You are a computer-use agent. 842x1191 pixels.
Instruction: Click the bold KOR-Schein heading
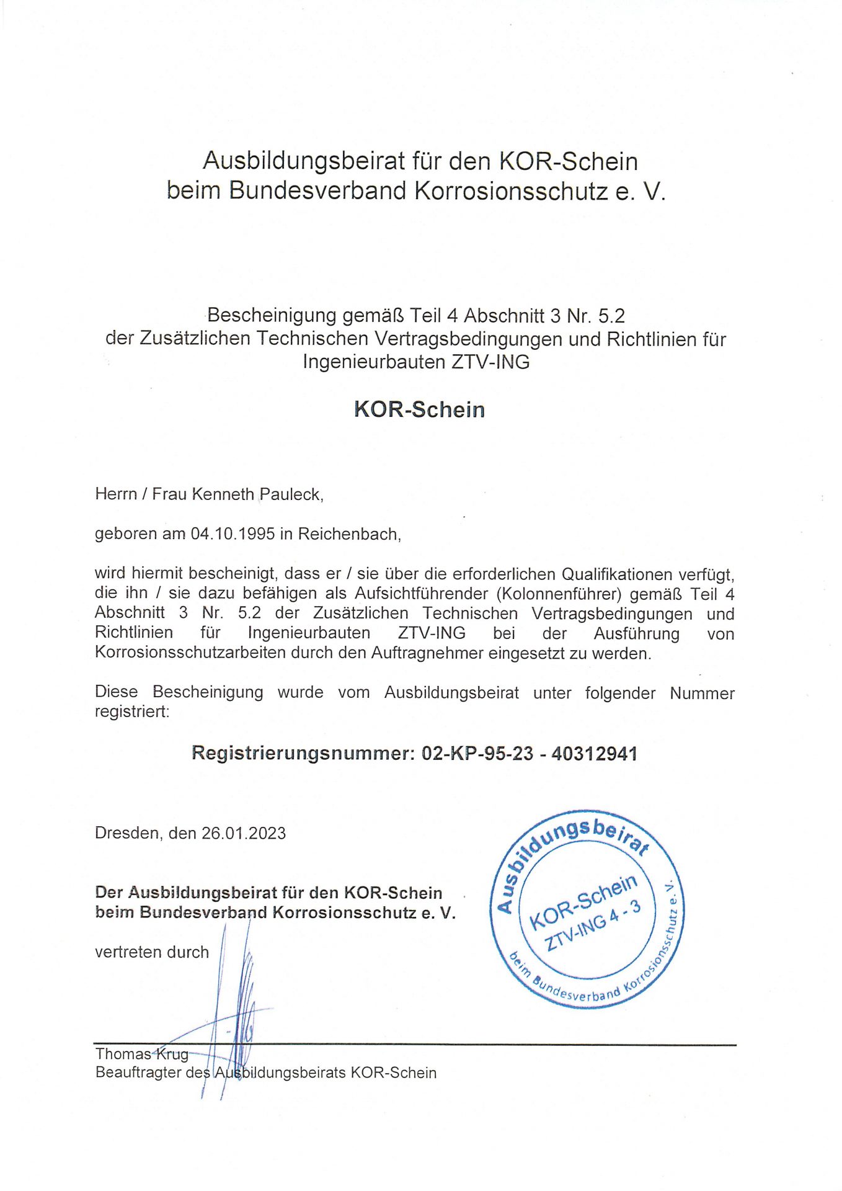tap(419, 409)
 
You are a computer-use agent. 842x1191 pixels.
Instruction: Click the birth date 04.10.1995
tap(233, 534)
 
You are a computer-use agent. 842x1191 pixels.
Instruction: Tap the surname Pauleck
tap(290, 494)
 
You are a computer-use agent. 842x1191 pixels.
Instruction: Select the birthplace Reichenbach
tap(348, 534)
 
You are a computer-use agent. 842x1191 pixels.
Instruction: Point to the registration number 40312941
tap(594, 754)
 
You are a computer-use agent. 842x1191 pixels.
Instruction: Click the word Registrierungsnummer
tap(302, 754)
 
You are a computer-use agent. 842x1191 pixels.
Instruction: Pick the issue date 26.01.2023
tap(244, 833)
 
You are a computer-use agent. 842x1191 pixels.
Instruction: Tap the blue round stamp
tap(587, 908)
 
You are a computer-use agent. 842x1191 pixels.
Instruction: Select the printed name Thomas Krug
tap(141, 1054)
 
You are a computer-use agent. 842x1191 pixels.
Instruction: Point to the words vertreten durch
tap(152, 952)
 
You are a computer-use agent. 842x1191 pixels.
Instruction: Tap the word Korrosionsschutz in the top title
tap(511, 190)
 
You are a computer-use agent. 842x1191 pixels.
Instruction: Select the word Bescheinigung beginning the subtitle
tap(271, 316)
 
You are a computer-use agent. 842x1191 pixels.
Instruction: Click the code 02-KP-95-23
tap(477, 754)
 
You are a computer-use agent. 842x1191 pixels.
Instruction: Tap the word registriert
tap(131, 711)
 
